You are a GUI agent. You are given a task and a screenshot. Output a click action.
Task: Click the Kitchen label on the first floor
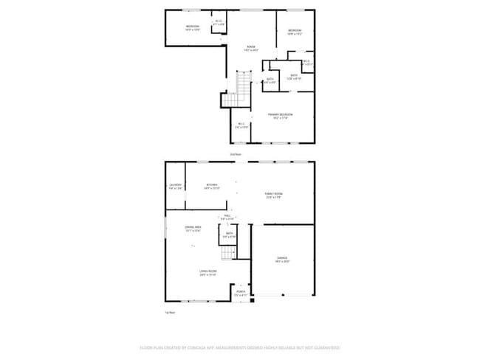point(212,184)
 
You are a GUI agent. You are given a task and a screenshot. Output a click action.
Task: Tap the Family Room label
point(274,193)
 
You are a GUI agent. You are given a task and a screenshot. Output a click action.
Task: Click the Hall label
point(227,216)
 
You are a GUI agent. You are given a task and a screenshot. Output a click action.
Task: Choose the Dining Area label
point(193,227)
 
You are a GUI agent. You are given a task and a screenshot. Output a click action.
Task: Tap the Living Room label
point(208,271)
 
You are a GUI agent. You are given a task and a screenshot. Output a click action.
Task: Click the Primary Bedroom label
point(281,114)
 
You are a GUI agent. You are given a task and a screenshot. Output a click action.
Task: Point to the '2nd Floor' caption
point(236,154)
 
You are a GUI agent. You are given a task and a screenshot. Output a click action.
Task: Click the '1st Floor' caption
point(169,313)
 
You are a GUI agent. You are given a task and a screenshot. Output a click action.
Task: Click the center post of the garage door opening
point(282,296)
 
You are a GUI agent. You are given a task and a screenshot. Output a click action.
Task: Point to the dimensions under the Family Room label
point(274,197)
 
